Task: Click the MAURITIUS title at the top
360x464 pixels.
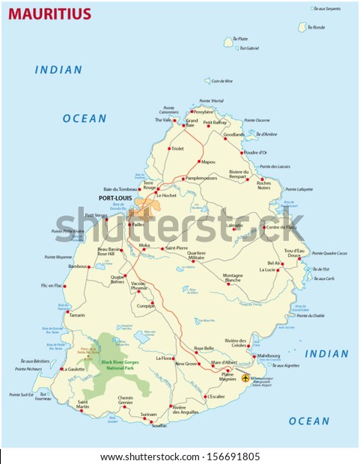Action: tap(49, 14)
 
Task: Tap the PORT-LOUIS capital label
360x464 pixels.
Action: tap(115, 199)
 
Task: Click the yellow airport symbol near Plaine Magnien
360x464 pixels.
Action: tap(245, 378)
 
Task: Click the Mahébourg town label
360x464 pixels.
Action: tap(268, 355)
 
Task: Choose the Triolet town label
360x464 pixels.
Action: tap(177, 148)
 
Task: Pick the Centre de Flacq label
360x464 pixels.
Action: tap(281, 227)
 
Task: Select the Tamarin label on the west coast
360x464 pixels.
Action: tap(76, 315)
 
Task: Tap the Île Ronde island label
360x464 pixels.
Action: tap(318, 27)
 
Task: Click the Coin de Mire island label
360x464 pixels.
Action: tap(222, 81)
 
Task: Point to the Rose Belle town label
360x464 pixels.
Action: tap(204, 348)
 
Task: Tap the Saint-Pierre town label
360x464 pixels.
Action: tap(176, 247)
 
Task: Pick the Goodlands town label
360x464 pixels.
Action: tap(234, 135)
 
